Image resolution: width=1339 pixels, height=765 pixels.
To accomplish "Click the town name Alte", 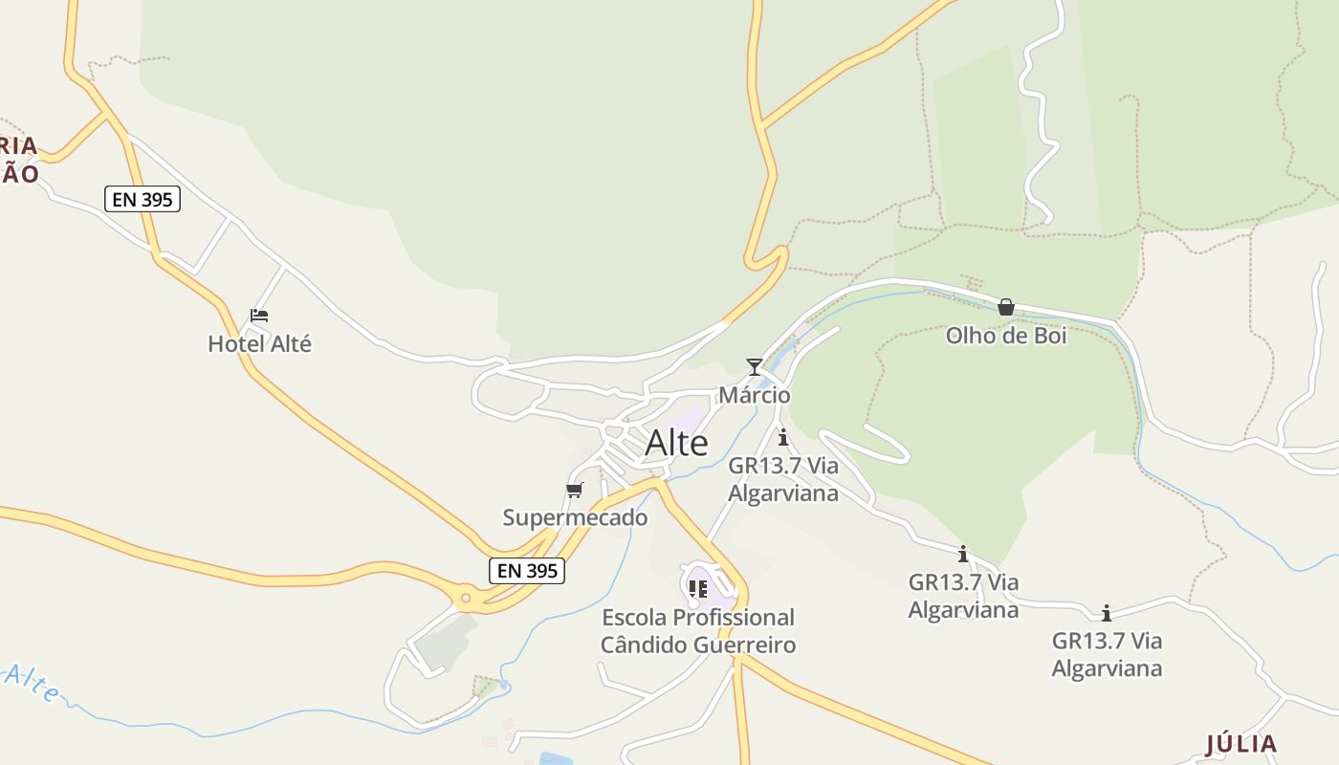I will (x=676, y=443).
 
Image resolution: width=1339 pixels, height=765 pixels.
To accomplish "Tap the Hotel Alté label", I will (x=260, y=343).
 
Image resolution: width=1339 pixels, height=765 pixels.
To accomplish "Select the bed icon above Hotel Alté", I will (x=259, y=315).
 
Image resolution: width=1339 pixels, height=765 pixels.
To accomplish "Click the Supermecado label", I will (x=575, y=517).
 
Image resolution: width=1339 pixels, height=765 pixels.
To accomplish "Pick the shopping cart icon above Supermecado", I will (x=574, y=491).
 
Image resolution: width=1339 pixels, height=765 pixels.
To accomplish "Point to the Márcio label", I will (x=755, y=395).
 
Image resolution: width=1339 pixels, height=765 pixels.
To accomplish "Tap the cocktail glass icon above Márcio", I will (x=755, y=367).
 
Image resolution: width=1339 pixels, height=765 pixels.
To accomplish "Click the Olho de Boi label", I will (x=1006, y=336).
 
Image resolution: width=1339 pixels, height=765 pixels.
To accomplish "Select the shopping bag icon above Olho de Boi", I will (x=1006, y=307).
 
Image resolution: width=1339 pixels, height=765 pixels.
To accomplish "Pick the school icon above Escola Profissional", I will (x=698, y=588).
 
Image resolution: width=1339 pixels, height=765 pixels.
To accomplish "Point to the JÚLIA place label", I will (x=1240, y=744).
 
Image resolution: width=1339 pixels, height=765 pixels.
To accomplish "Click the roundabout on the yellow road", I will (x=466, y=599).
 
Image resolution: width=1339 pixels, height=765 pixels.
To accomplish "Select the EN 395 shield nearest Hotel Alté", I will (x=143, y=199).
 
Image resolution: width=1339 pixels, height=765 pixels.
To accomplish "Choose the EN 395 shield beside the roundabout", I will (x=527, y=571).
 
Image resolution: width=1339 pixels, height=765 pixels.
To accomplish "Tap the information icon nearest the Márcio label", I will (x=783, y=438).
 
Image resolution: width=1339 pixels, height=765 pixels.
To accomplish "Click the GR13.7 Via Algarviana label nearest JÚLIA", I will (x=1107, y=654).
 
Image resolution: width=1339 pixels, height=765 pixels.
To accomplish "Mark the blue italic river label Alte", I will (x=31, y=681).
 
